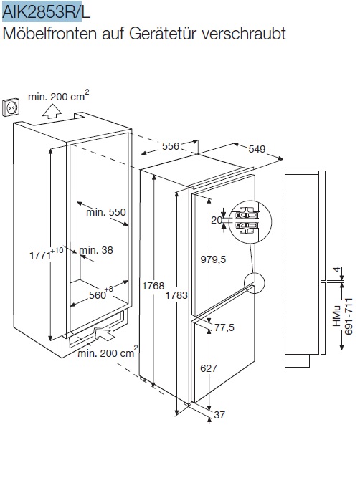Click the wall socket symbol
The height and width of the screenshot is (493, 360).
pyautogui.click(x=10, y=107)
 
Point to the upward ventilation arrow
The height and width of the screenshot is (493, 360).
pyautogui.click(x=52, y=111)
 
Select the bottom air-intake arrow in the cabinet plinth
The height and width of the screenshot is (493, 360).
pyautogui.click(x=104, y=333)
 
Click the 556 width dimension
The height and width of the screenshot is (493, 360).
pyautogui.click(x=170, y=146)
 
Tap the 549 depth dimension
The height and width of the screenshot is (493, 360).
pyautogui.click(x=257, y=149)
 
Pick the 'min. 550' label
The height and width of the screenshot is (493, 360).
pyautogui.click(x=106, y=212)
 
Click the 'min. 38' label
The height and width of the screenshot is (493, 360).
pyautogui.click(x=96, y=250)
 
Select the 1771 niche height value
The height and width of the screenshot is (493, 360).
pyautogui.click(x=40, y=254)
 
